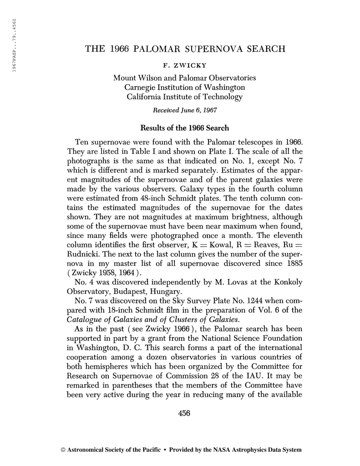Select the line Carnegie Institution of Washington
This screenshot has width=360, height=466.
(x=184, y=87)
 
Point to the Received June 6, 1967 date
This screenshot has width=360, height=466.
(x=184, y=109)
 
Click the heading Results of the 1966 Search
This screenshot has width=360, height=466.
(x=184, y=128)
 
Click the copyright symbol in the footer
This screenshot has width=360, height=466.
(x=63, y=450)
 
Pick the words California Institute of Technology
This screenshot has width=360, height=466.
(x=184, y=96)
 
